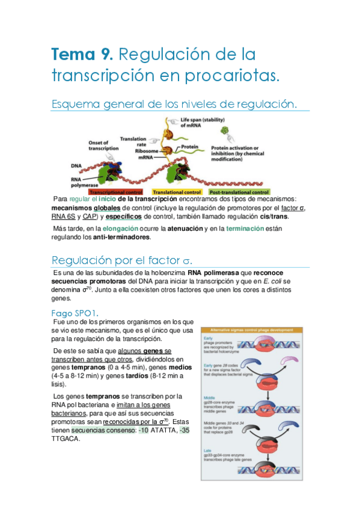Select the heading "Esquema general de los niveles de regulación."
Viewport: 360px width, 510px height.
pyautogui.click(x=174, y=104)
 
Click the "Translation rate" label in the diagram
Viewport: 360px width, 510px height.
pyautogui.click(x=133, y=142)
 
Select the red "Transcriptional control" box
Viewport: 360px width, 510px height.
pyautogui.click(x=116, y=191)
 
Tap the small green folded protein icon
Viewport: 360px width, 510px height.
pyautogui.click(x=225, y=130)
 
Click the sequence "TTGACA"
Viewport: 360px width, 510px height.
pyautogui.click(x=66, y=438)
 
